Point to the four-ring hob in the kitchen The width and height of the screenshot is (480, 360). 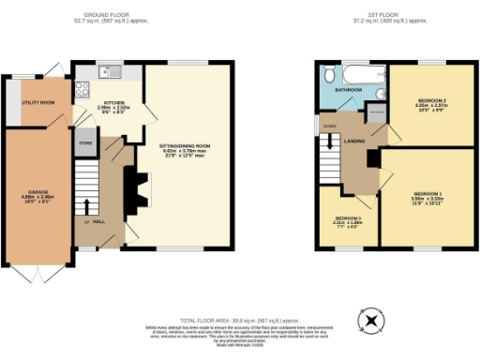click(x=81, y=91)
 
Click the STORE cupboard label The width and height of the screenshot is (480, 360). click(x=85, y=144)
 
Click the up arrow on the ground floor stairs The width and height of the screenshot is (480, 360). click(x=89, y=205)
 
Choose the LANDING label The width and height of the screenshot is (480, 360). click(x=354, y=141)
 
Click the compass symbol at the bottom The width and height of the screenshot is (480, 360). click(x=373, y=321)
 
